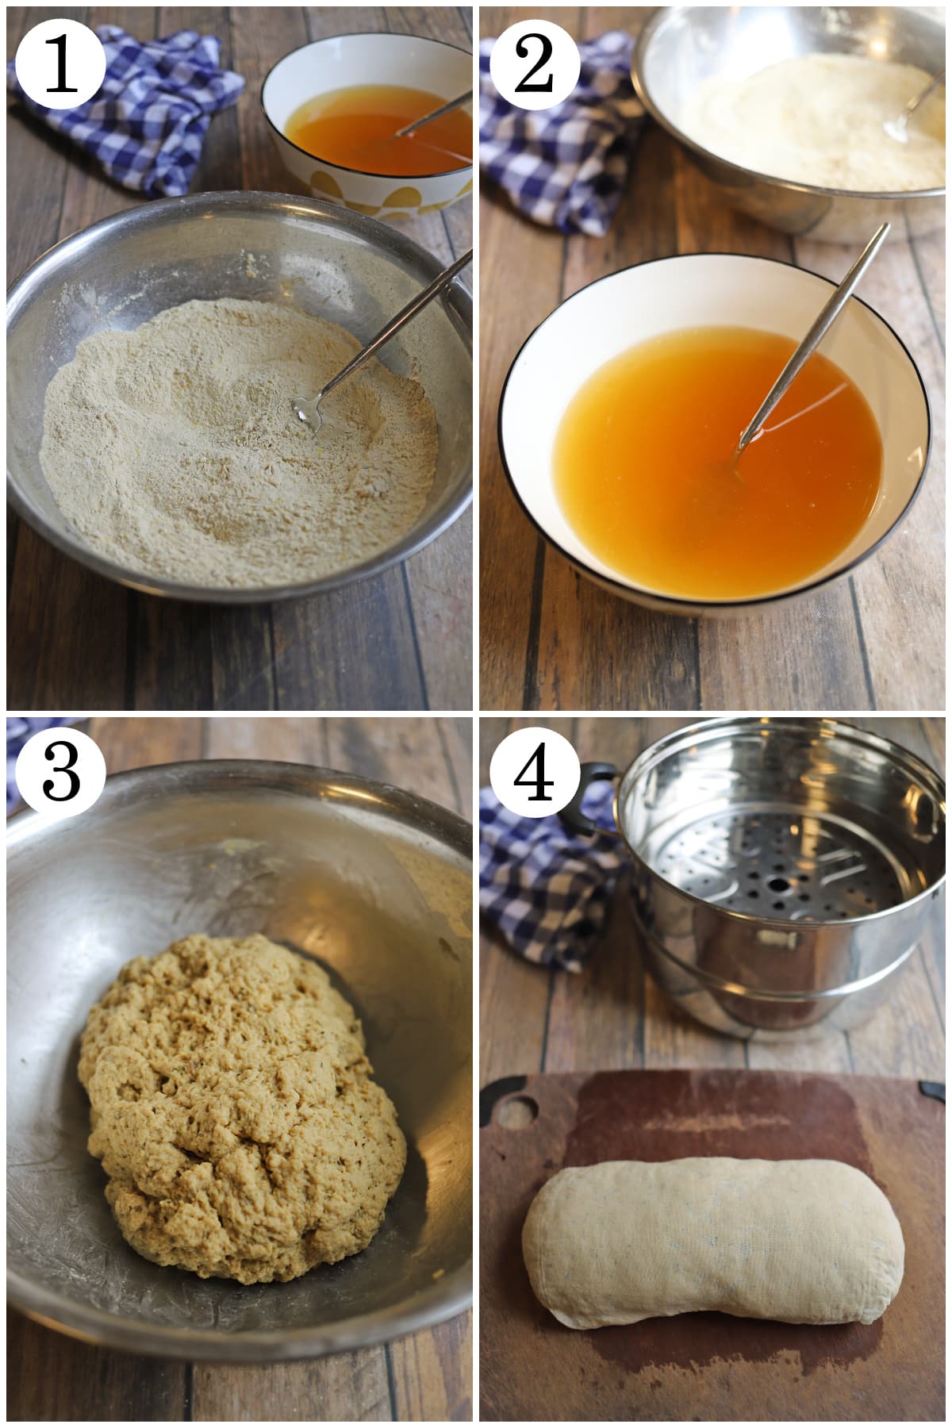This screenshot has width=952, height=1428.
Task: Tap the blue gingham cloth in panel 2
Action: point(555,143)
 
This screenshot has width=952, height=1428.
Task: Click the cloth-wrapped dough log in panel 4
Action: point(714,1222)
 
